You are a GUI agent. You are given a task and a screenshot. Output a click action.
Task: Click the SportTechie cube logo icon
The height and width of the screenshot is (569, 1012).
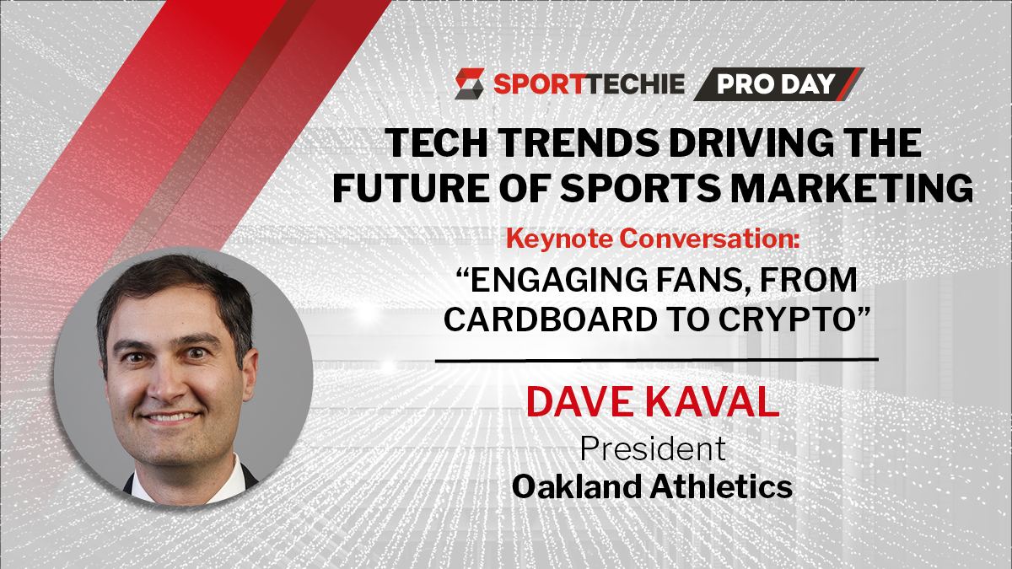[x=470, y=83]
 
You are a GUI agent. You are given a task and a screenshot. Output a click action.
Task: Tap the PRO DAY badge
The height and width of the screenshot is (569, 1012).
[x=778, y=84]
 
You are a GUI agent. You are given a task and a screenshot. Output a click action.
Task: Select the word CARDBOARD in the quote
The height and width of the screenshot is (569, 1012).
[x=550, y=320]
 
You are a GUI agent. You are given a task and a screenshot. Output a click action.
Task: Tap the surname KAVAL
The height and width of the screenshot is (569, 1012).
[x=712, y=401]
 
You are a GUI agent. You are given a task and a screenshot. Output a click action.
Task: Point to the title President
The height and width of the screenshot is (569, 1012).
[x=653, y=448]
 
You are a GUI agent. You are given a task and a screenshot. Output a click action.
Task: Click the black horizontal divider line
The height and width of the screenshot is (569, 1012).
[x=656, y=361]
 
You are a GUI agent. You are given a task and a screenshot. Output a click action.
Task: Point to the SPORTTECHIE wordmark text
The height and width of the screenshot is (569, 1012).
[x=589, y=84]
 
